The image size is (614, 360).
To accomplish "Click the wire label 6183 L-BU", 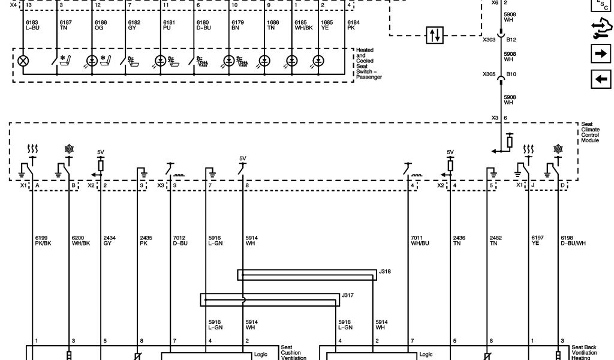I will (32, 25).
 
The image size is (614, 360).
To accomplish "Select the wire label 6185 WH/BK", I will (303, 25).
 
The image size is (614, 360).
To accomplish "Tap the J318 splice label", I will (385, 271).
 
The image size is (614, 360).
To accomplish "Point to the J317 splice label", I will (348, 295).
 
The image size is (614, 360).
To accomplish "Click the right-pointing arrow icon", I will (600, 54).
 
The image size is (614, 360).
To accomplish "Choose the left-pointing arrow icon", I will (600, 79).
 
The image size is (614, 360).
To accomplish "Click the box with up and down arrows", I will (434, 35).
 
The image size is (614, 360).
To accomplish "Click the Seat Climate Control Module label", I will (590, 133).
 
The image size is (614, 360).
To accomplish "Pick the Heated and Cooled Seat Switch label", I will (369, 64).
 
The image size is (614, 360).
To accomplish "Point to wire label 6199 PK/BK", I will (43, 241).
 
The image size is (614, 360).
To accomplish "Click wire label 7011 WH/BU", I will (420, 241).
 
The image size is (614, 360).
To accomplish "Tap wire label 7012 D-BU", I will (181, 241).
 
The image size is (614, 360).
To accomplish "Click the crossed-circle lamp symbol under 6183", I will (23, 61).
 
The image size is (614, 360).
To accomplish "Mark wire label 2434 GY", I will (109, 241).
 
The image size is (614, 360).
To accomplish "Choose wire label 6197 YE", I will (537, 241).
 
